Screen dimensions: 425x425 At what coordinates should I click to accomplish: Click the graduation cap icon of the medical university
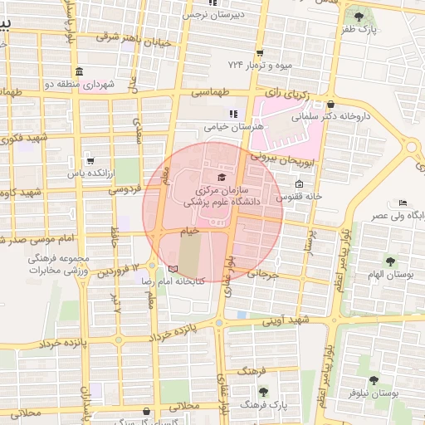[x=221, y=177]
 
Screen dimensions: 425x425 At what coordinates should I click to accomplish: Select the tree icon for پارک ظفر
[x=359, y=16]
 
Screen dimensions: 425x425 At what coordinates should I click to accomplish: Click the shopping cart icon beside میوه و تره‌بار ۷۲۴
[x=260, y=51]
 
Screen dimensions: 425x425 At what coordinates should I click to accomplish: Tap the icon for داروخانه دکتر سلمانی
[x=331, y=105]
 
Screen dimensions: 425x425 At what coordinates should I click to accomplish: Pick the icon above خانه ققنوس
[x=299, y=183]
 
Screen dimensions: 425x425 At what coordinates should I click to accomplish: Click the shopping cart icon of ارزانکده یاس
[x=90, y=161]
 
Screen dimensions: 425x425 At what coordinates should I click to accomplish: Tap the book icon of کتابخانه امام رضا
[x=173, y=268]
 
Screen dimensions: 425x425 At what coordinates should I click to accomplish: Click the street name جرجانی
[x=259, y=272]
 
